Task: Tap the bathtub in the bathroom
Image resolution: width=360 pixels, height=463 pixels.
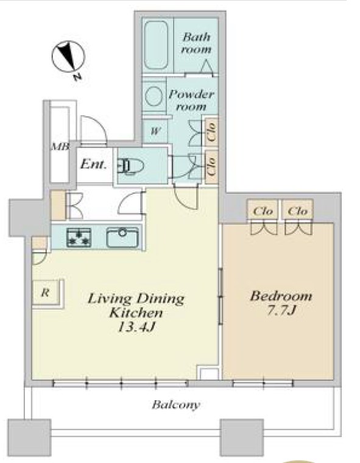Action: click(156, 45)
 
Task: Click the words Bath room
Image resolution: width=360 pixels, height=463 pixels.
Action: click(196, 43)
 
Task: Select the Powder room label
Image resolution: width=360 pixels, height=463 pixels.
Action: click(191, 100)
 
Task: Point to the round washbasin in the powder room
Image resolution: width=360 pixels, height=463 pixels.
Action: click(154, 96)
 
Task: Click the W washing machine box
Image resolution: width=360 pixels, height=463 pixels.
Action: click(155, 131)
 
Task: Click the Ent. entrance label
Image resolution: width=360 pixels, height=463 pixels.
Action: click(93, 164)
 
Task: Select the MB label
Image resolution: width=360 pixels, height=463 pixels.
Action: click(60, 146)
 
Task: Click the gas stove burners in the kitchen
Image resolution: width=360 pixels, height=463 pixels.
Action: click(79, 238)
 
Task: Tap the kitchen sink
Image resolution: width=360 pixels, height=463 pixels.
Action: click(122, 238)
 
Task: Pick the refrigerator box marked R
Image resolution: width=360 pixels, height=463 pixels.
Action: click(46, 293)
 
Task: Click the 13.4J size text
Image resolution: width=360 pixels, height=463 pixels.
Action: click(136, 327)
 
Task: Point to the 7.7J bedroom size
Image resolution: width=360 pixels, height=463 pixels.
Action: click(281, 310)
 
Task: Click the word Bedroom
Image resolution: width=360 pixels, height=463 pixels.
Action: click(281, 296)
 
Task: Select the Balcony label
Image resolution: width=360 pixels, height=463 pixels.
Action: click(176, 405)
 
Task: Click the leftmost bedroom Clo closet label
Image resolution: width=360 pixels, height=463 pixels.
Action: click(263, 211)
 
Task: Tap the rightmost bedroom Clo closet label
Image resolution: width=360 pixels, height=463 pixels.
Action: click(297, 211)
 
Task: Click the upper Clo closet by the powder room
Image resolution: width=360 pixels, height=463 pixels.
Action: click(211, 132)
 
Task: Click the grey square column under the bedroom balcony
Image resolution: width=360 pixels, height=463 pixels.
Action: click(242, 437)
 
